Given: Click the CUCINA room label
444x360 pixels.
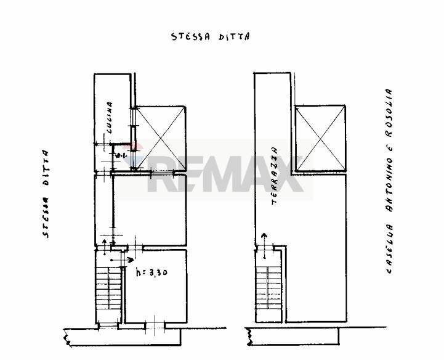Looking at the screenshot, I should [x=109, y=119].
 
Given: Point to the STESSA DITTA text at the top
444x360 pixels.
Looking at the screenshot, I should [x=210, y=36].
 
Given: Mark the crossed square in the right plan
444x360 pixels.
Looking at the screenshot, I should [x=320, y=137].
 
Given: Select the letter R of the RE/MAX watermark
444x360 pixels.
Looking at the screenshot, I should [x=163, y=176].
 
